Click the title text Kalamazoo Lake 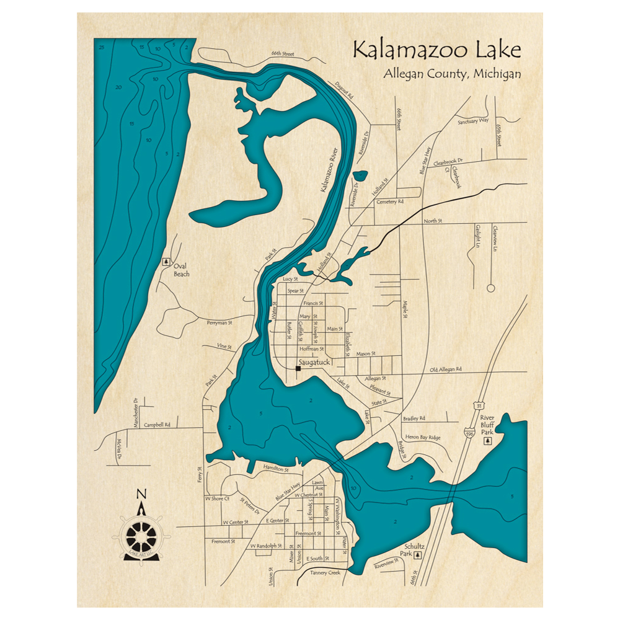tap(436, 50)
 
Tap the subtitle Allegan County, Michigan tap(452, 73)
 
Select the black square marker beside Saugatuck tap(298, 368)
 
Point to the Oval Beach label tap(182, 270)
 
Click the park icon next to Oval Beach tap(166, 262)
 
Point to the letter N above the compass tap(141, 494)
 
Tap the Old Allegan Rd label tap(446, 370)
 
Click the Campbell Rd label tap(156, 425)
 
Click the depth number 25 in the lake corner tap(101, 46)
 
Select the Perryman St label tap(219, 323)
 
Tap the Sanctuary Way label tap(473, 122)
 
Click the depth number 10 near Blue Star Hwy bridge tap(353, 489)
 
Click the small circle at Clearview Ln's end tap(490, 288)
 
